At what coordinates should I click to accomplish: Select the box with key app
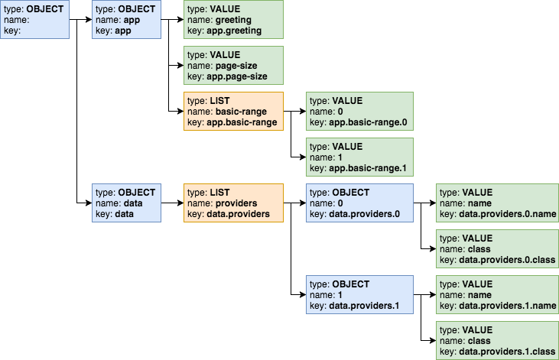coord(126,20)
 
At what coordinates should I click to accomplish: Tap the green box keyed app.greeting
coord(233,20)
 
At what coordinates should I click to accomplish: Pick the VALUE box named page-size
coord(233,66)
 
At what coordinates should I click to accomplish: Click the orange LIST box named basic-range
coord(233,112)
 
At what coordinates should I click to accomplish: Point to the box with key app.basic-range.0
coord(359,112)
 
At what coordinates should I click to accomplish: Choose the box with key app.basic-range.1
coord(359,157)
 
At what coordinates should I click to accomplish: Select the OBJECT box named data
coord(126,203)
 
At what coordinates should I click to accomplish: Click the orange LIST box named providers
coord(233,203)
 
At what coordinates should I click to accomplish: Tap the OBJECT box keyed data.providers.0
coord(359,203)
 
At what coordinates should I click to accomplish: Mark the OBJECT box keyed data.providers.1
coord(359,295)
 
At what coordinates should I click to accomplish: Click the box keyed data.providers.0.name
coord(496,203)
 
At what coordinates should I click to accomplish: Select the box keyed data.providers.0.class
coord(496,249)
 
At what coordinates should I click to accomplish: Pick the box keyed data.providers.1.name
coord(496,295)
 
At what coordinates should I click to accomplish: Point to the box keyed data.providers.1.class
coord(496,341)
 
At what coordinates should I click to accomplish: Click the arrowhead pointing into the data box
coord(88,203)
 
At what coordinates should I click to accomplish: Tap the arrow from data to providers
coord(172,203)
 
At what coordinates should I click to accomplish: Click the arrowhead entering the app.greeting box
coord(180,20)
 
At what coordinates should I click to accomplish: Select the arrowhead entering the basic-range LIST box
coord(180,112)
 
